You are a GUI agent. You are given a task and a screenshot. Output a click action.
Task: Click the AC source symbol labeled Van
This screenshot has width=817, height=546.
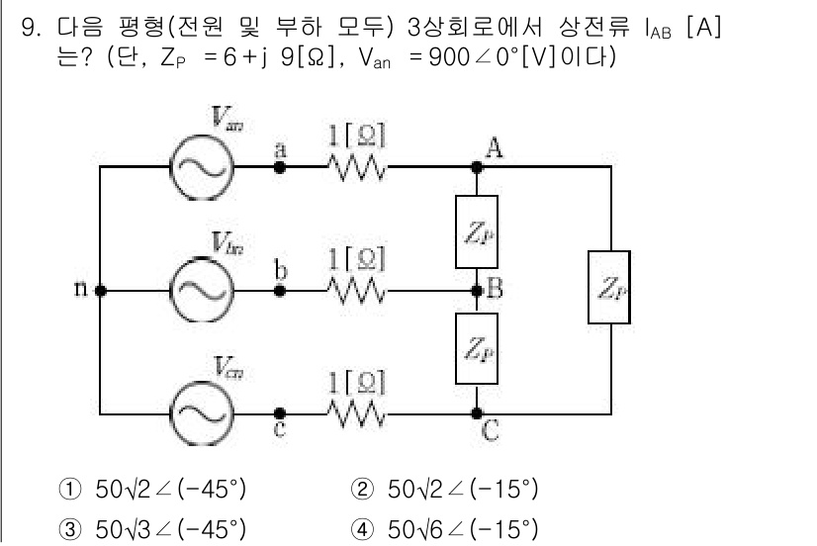tap(201, 167)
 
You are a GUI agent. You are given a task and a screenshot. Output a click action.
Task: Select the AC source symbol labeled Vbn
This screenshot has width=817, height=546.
tap(201, 292)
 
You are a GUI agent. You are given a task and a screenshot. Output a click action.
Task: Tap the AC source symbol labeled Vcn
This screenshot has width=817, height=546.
tap(201, 412)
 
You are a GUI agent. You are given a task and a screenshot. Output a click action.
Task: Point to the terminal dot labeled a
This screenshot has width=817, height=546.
tap(280, 167)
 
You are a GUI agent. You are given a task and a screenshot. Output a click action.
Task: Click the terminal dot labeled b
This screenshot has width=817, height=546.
tap(280, 292)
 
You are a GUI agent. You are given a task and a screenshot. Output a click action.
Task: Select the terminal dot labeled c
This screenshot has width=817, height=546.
tap(280, 412)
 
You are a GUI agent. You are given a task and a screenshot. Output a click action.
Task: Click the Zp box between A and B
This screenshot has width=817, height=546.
tap(476, 231)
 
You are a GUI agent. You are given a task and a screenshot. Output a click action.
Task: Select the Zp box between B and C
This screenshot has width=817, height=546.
tap(476, 350)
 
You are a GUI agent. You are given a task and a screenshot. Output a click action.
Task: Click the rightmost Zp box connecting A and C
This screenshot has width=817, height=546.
tap(608, 287)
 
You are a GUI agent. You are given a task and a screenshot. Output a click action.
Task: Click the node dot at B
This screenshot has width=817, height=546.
tap(476, 292)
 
